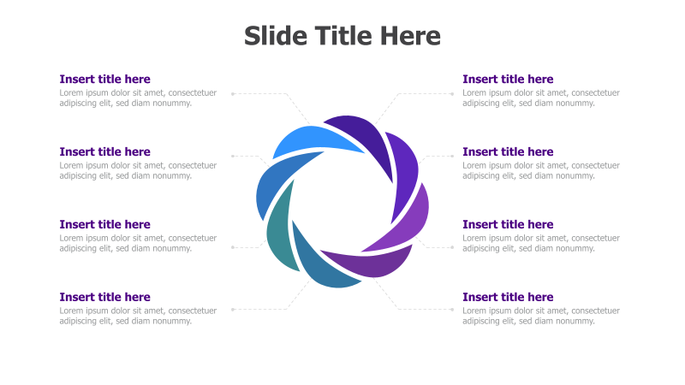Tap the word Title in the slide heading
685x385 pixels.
coord(342,36)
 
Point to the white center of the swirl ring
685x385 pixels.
coord(342,201)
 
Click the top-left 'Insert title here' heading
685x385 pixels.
coord(104,80)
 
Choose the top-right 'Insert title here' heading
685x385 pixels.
coord(508,80)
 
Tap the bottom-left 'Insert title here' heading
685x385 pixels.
coord(104,298)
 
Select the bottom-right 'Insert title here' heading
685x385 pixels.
coord(508,298)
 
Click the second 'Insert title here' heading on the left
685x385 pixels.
coord(104,152)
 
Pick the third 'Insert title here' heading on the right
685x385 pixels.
coord(508,225)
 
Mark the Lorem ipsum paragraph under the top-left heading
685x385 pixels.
coord(137,98)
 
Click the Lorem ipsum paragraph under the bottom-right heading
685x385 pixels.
coord(540,316)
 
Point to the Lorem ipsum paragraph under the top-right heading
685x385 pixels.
coord(540,98)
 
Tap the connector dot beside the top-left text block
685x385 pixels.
coord(232,93)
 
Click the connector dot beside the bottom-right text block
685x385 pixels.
coord(453,309)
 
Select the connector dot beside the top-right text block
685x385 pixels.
coord(453,93)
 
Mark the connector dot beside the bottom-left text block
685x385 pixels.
coord(232,309)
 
